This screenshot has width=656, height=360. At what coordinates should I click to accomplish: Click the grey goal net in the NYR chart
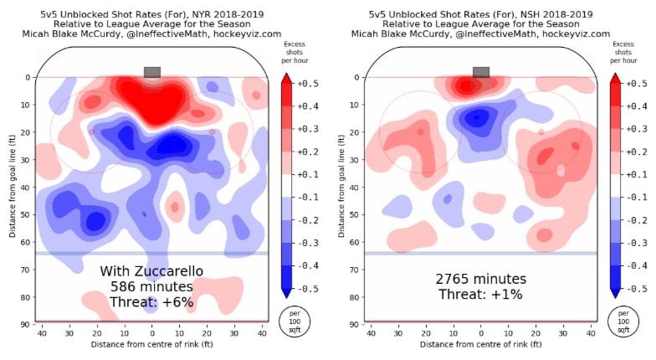click(151, 72)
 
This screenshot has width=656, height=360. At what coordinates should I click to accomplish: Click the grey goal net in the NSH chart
click(481, 72)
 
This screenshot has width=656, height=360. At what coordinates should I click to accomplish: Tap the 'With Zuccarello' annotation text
click(152, 271)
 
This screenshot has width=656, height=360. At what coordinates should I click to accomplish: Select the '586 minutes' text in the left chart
click(152, 286)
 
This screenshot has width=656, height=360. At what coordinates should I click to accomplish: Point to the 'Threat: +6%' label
click(152, 301)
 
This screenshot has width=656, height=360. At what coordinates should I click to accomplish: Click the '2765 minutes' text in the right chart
click(481, 279)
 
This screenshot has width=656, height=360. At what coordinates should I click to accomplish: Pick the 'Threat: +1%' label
click(481, 295)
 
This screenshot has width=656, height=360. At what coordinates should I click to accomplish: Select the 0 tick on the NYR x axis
click(151, 334)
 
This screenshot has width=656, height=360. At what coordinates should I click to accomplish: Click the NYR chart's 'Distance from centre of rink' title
click(151, 345)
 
